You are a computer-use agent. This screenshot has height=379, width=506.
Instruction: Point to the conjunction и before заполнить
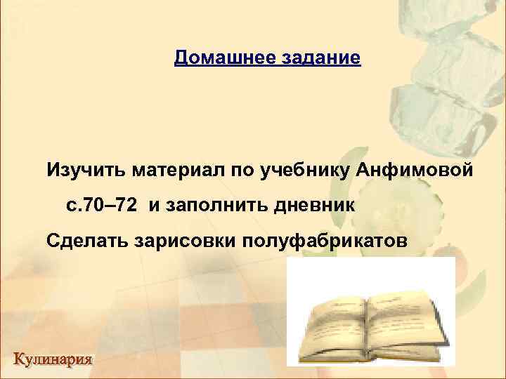154,206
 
